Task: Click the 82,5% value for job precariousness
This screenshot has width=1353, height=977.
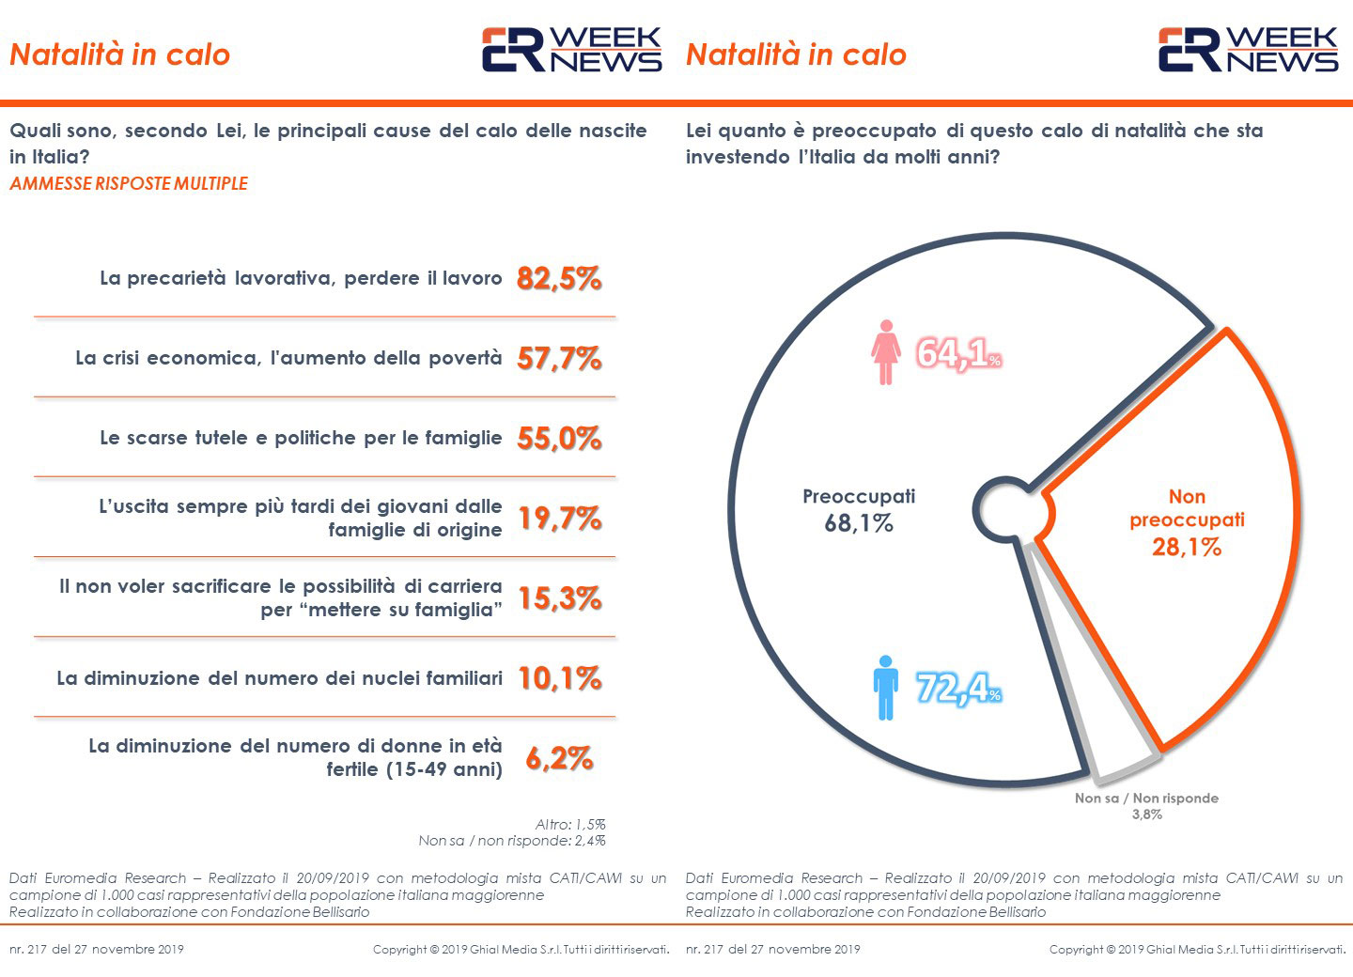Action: [x=559, y=278]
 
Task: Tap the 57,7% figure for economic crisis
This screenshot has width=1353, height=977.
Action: [x=559, y=358]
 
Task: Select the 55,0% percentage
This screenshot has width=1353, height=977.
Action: [x=559, y=438]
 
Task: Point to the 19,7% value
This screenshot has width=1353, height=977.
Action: [x=559, y=518]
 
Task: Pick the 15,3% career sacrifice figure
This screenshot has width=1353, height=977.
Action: [x=559, y=598]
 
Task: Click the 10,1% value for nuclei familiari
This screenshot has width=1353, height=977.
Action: [x=559, y=678]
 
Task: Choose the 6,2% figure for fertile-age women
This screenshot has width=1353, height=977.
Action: [x=559, y=758]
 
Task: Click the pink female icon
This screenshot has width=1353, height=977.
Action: [x=885, y=352]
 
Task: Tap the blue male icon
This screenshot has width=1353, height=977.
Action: [x=885, y=688]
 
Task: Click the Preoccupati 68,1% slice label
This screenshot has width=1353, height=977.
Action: [x=858, y=510]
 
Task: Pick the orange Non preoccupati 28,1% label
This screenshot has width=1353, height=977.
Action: [x=1187, y=521]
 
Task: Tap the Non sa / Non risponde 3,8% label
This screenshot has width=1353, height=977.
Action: [x=1146, y=806]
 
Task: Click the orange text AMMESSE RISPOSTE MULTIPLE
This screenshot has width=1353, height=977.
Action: [x=129, y=183]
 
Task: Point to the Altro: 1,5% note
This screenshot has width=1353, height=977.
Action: [x=570, y=824]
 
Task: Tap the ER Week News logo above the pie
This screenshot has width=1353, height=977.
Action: [x=1247, y=50]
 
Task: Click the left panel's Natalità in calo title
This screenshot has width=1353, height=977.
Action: [x=119, y=54]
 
